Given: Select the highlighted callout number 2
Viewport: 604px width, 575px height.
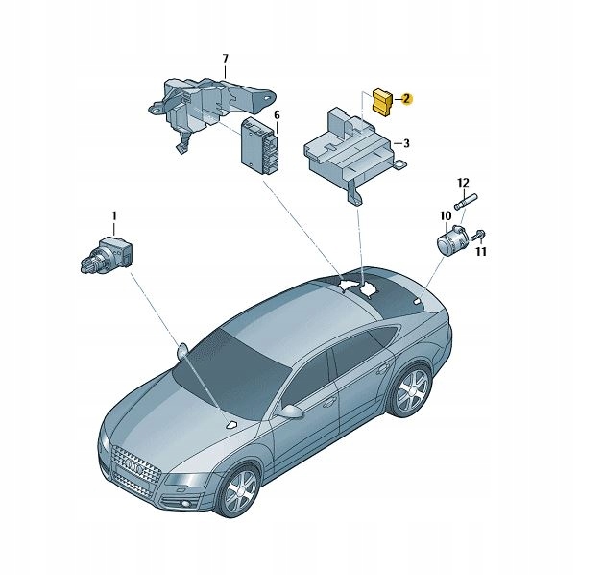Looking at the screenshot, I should coord(405,97).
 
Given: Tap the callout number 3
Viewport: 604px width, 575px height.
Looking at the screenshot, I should coord(405,143).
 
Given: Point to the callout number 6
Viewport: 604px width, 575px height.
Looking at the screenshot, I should coord(277,114).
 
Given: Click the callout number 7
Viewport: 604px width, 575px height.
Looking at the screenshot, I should coord(225,60).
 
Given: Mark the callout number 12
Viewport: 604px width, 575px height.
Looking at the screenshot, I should coord(463,182).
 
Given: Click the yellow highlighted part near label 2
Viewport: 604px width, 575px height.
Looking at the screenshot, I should coord(381,100).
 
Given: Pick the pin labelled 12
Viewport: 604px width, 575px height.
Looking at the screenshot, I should coord(468,202).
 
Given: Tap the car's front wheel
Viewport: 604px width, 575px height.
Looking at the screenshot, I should coord(236,491).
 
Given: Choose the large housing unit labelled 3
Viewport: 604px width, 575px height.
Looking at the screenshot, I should coord(346,149).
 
